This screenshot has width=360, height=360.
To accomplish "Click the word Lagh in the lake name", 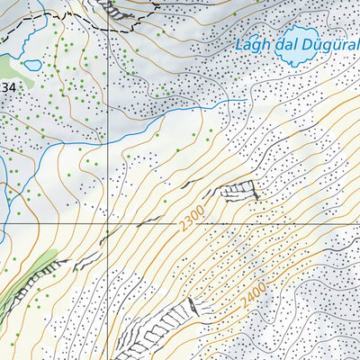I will pos(253,44).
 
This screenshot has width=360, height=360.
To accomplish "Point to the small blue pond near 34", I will pos(31,66).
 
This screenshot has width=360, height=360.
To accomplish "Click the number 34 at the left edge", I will pos(8,86).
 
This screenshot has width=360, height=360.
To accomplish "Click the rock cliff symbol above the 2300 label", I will pos(238,190).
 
